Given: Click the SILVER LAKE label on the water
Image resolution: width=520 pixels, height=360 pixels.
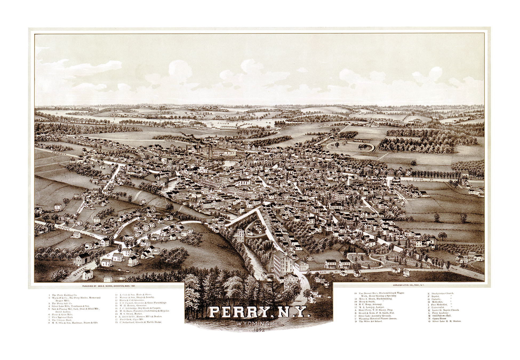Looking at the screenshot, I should click(x=235, y=124).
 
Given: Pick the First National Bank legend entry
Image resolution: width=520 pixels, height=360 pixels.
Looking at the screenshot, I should click(x=62, y=317).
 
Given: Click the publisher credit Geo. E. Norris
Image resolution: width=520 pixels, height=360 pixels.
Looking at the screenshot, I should click(x=109, y=286).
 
